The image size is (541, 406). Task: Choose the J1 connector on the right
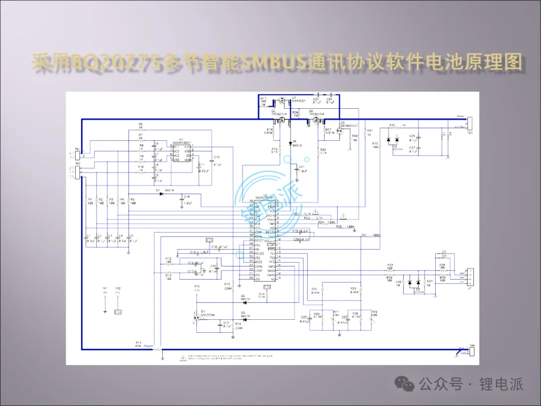tap(470, 276)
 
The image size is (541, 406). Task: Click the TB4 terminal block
tap(471, 350)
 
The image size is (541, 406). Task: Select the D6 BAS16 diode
tap(291, 142)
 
